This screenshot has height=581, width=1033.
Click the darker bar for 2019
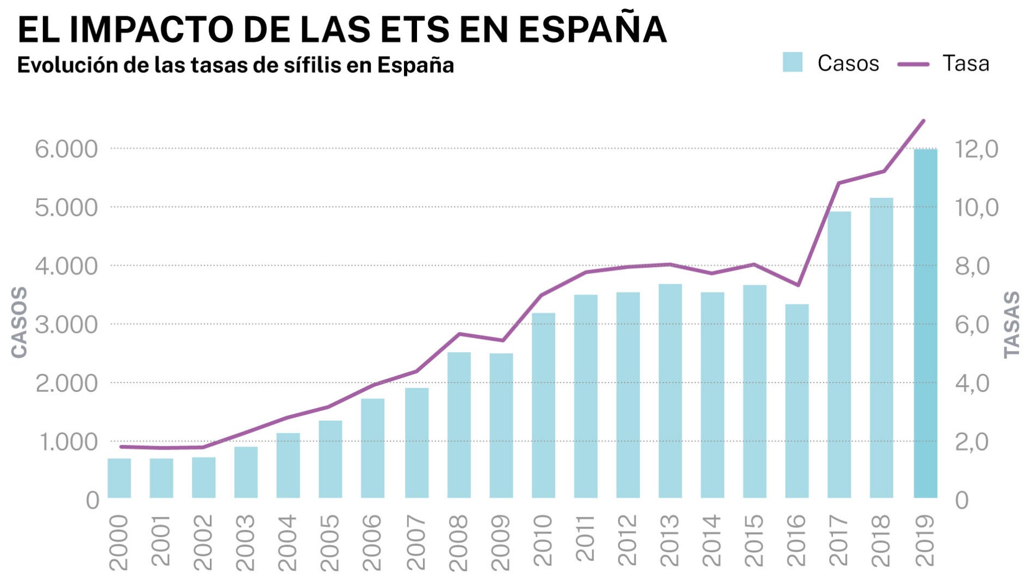click(x=925, y=323)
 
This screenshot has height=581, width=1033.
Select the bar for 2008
click(x=459, y=425)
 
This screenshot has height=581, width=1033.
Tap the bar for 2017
click(x=839, y=354)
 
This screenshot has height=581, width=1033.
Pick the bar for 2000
click(x=119, y=478)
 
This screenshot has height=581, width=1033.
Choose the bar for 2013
click(x=670, y=391)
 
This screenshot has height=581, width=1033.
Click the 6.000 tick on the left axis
click(x=66, y=149)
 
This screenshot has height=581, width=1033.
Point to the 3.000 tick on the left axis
click(x=66, y=325)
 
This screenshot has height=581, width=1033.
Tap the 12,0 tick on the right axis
click(x=977, y=149)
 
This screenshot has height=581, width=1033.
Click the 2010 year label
click(x=543, y=541)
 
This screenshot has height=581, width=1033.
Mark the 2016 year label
click(x=796, y=541)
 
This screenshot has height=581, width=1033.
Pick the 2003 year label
click(x=246, y=542)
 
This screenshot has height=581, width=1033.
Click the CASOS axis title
click(x=20, y=323)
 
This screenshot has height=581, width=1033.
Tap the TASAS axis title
click(x=1012, y=324)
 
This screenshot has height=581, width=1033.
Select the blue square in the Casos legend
click(x=792, y=63)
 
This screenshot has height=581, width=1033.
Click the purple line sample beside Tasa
click(x=913, y=64)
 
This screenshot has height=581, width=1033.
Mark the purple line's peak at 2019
click(x=924, y=121)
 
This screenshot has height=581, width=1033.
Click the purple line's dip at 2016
click(x=798, y=285)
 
